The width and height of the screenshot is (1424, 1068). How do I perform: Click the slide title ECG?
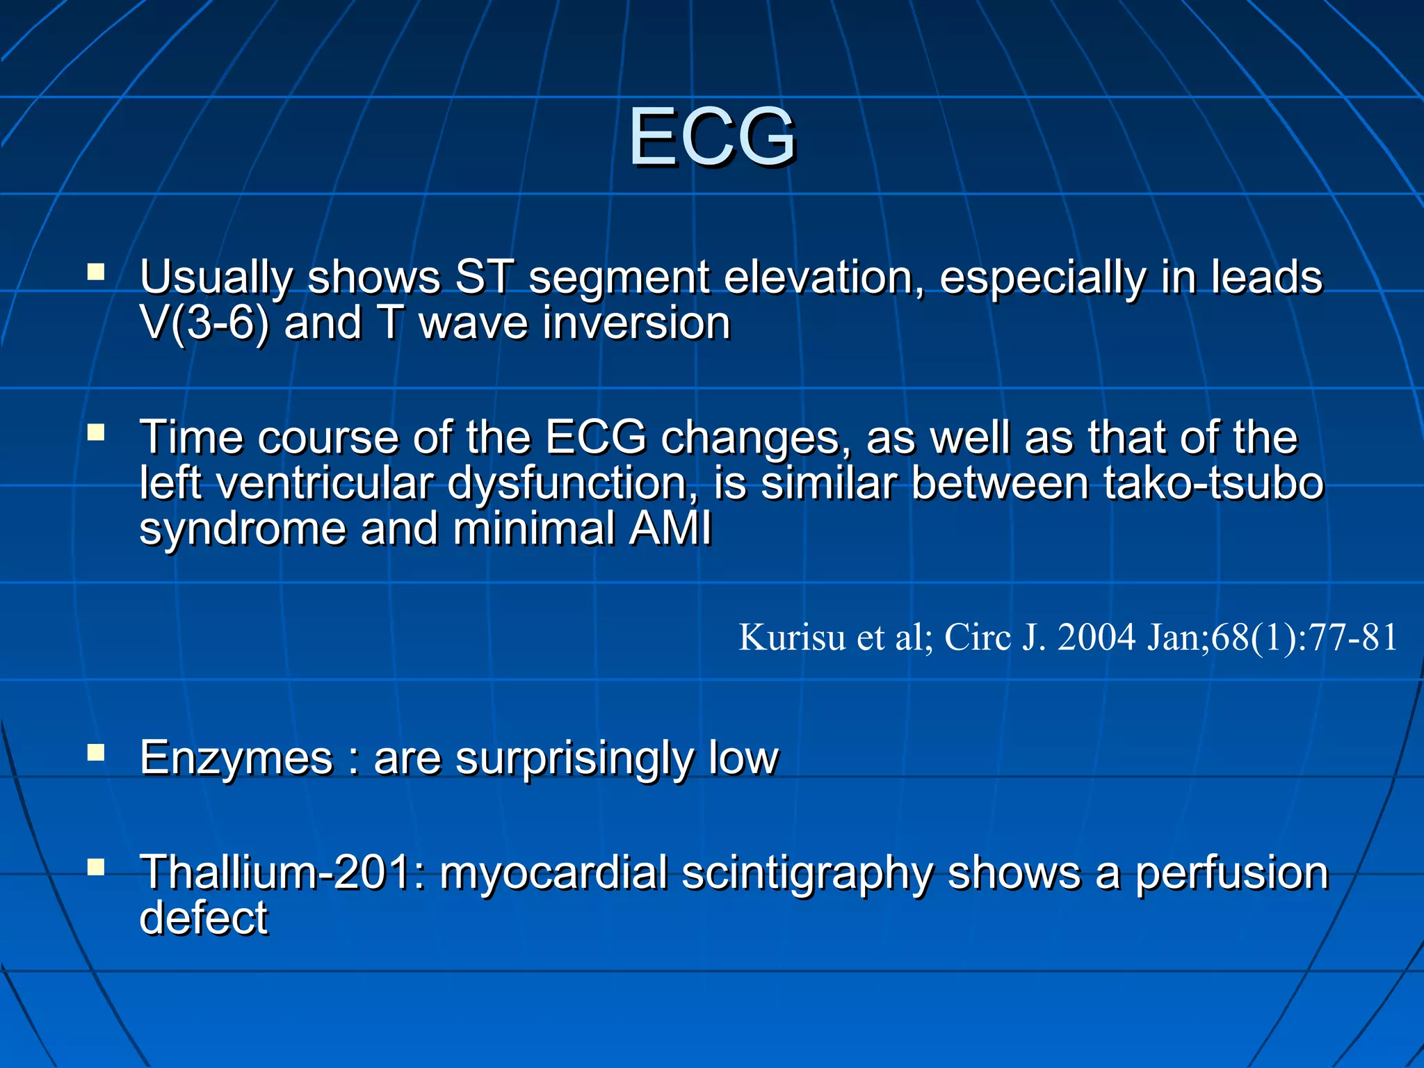[x=712, y=137]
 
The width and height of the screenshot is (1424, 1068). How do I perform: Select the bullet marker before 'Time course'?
[x=96, y=433]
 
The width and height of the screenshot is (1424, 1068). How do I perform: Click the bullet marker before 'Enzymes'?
[x=96, y=752]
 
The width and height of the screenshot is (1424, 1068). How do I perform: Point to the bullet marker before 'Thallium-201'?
[x=96, y=866]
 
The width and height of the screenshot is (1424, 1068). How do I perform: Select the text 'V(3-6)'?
[x=204, y=324]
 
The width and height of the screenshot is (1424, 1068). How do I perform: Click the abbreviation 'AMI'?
[x=670, y=529]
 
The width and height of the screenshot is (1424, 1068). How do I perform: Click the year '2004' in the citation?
[x=1096, y=637]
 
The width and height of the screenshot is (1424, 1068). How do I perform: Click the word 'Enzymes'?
[x=236, y=758]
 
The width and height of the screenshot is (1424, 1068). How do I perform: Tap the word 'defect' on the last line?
[x=203, y=918]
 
